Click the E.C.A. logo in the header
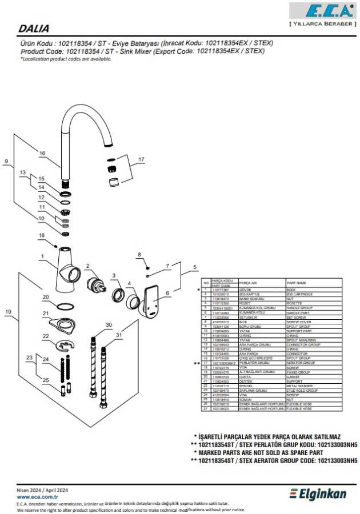tap(322, 11)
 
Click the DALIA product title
tap(34, 28)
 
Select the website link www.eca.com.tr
tap(38, 497)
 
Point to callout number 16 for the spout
tap(42, 153)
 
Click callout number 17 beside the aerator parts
tap(142, 159)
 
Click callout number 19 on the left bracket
tap(8, 311)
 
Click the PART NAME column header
tap(297, 282)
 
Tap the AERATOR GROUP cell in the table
tap(301, 363)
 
